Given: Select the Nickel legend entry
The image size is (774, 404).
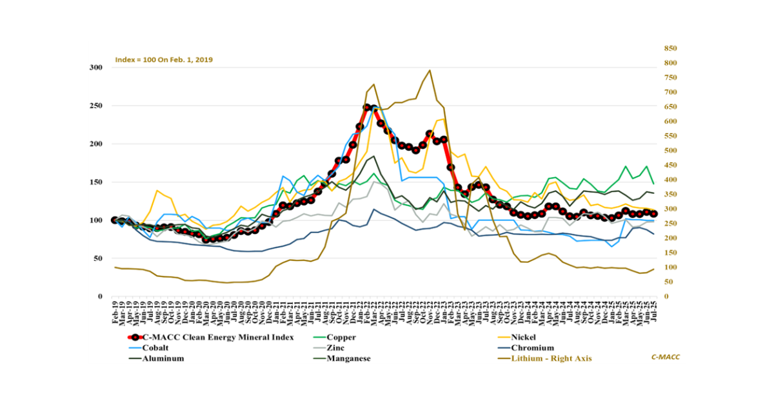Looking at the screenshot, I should pyautogui.click(x=523, y=337).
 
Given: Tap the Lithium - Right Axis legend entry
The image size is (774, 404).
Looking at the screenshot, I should pyautogui.click(x=551, y=358).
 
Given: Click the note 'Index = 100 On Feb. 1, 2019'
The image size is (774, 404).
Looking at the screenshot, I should pyautogui.click(x=164, y=59).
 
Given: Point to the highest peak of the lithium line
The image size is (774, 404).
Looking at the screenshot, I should pyautogui.click(x=430, y=70).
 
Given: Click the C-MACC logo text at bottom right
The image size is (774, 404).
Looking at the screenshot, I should pyautogui.click(x=666, y=356).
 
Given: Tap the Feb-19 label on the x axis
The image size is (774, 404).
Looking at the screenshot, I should pyautogui.click(x=115, y=312).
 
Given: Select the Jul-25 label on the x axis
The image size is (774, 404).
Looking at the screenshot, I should pyautogui.click(x=654, y=312).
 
